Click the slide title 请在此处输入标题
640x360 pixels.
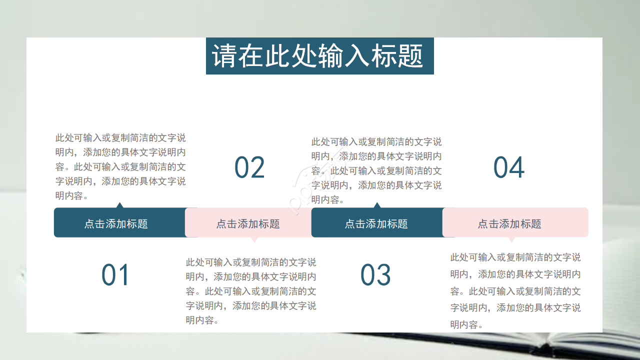pyautogui.click(x=319, y=56)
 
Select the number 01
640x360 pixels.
pyautogui.click(x=115, y=275)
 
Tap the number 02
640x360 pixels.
pyautogui.click(x=249, y=167)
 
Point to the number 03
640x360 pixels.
pyautogui.click(x=375, y=275)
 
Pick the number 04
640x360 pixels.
pyautogui.click(x=509, y=167)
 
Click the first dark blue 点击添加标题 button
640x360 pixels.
pyautogui.click(x=116, y=223)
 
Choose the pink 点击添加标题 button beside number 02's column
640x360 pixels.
pyautogui.click(x=248, y=223)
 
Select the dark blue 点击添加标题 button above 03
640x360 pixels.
pyautogui.click(x=376, y=223)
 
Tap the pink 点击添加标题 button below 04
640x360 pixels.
pyautogui.click(x=509, y=223)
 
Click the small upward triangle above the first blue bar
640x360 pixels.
pyautogui.click(x=119, y=205)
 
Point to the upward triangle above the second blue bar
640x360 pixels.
pyautogui.click(x=377, y=205)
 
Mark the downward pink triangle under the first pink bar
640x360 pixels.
pyautogui.click(x=254, y=239)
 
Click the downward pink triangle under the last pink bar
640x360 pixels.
pyautogui.click(x=511, y=239)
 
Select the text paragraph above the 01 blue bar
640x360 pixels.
pyautogui.click(x=120, y=166)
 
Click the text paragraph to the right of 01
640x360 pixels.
pyautogui.click(x=251, y=291)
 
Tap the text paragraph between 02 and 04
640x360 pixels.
pyautogui.click(x=376, y=170)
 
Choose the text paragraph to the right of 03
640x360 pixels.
pyautogui.click(x=515, y=291)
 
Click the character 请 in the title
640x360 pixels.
pyautogui.click(x=223, y=56)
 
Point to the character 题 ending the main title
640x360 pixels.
pyautogui.click(x=412, y=56)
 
